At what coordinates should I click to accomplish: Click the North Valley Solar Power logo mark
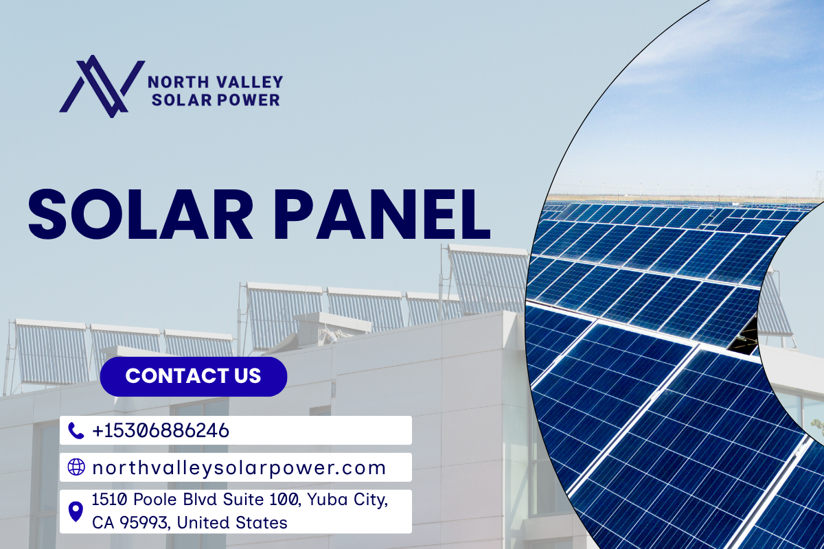tap(102, 86)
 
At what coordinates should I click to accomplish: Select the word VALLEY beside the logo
tap(249, 82)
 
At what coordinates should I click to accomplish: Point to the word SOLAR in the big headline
tap(141, 214)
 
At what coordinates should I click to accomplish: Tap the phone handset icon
tap(76, 430)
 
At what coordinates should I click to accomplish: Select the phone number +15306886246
tap(161, 430)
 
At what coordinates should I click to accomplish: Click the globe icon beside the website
tap(76, 467)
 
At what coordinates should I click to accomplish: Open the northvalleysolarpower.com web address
tap(239, 468)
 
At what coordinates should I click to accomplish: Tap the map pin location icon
tap(76, 511)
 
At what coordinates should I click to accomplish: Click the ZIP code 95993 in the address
tap(146, 523)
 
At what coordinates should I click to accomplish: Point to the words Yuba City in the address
tap(347, 500)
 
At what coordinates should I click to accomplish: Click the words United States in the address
tap(232, 522)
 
